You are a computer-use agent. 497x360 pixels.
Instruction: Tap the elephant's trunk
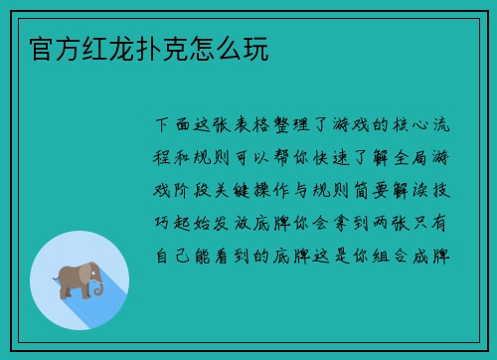point(99,287)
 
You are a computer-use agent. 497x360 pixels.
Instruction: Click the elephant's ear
point(84,275)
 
